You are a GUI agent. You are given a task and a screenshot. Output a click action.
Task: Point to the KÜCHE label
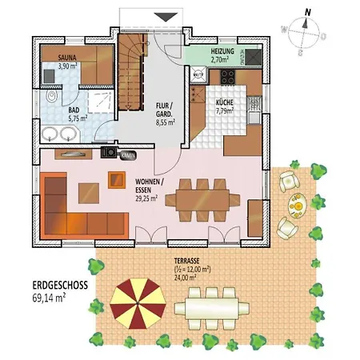tap(224, 103)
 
